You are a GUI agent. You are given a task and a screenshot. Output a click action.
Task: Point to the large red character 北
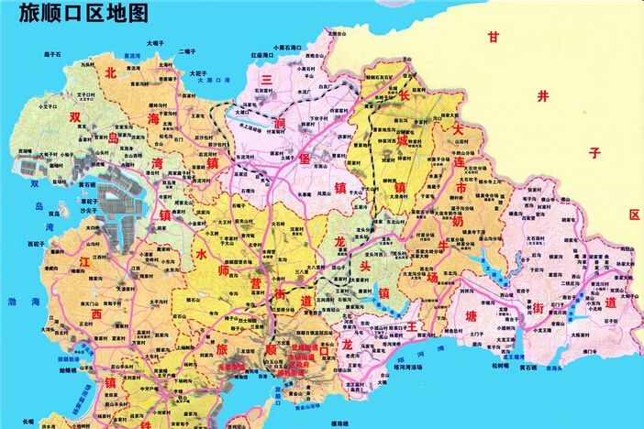tap(111, 72)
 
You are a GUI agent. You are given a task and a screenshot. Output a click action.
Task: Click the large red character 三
tap(267, 81)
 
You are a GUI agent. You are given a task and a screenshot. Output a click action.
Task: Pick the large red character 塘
tap(471, 316)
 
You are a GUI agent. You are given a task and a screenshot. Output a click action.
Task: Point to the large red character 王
tap(412, 325)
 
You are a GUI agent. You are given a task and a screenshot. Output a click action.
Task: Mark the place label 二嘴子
tap(187, 51)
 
